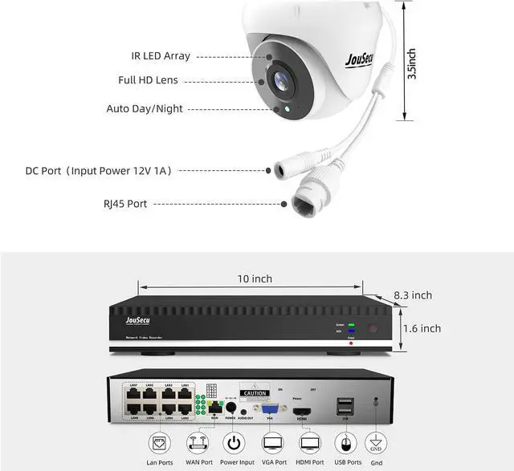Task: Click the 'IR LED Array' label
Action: click(x=161, y=56)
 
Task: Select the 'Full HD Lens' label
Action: click(x=148, y=81)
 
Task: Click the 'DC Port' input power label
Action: click(x=98, y=171)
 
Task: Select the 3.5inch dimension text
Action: click(x=411, y=63)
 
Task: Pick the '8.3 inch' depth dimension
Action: click(x=412, y=295)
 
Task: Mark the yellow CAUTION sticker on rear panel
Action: click(x=256, y=394)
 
